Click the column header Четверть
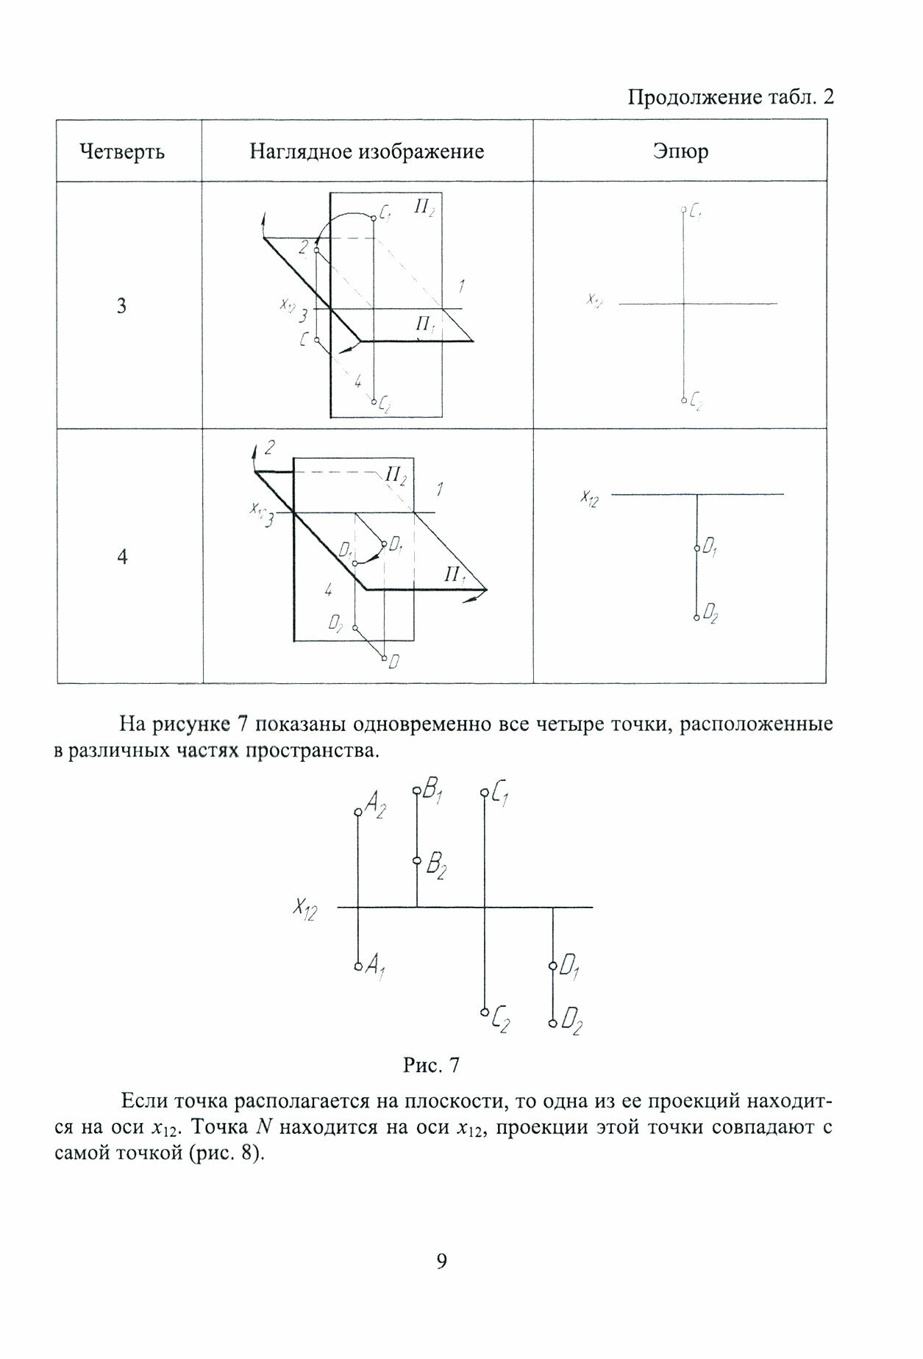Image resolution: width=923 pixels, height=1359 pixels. tap(121, 151)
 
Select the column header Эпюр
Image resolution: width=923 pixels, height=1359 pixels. tap(680, 151)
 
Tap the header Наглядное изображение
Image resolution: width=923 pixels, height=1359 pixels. tap(366, 151)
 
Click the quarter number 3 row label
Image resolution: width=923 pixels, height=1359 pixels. tap(122, 305)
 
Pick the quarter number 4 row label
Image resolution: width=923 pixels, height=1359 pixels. tap(122, 557)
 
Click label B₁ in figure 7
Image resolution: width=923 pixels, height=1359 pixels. tap(432, 793)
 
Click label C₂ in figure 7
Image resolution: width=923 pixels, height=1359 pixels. tap(502, 1020)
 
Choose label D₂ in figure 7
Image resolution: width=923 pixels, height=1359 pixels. tap(571, 1023)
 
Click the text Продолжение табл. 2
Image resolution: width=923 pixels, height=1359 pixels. tap(730, 97)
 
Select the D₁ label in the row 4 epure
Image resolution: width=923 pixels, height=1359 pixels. tap(710, 548)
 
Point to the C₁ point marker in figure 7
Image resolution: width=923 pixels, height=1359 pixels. tap(484, 793)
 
